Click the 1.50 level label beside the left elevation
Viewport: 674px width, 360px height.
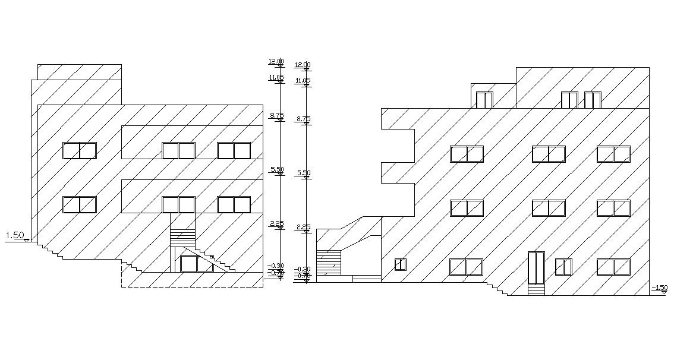pos(15,236)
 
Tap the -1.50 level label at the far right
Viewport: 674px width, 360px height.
pos(659,288)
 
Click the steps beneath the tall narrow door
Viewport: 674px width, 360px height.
pos(536,289)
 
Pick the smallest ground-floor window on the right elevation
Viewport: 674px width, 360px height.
pos(401,264)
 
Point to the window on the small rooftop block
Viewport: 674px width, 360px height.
pos(484,100)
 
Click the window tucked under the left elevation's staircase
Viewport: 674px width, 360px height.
pos(189,263)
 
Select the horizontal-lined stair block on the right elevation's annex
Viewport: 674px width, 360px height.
pos(329,263)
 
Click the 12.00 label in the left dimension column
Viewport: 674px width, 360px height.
pos(276,61)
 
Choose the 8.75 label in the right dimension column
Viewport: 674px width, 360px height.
pos(303,119)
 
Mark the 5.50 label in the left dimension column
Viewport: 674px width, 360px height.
pos(276,170)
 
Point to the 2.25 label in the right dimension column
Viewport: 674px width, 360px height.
pos(303,227)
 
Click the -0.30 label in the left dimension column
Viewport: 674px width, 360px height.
pos(275,266)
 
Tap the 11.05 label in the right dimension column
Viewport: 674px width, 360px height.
pos(303,80)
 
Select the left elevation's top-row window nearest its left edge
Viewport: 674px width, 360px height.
pos(80,151)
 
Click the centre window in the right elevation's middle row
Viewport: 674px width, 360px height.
pos(548,208)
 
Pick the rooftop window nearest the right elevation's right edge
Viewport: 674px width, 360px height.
pos(593,100)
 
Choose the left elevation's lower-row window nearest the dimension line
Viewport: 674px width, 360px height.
pos(234,204)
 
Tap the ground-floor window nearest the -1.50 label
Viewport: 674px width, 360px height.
pos(613,267)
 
